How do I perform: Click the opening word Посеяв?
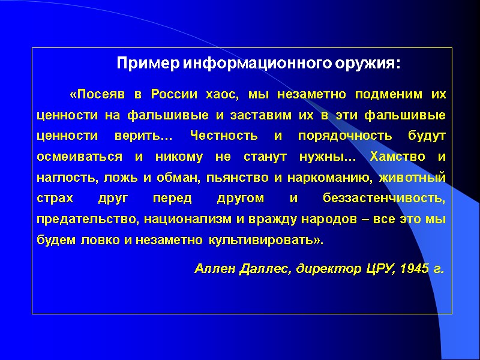[x=97, y=95]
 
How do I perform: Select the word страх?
[x=53, y=199]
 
